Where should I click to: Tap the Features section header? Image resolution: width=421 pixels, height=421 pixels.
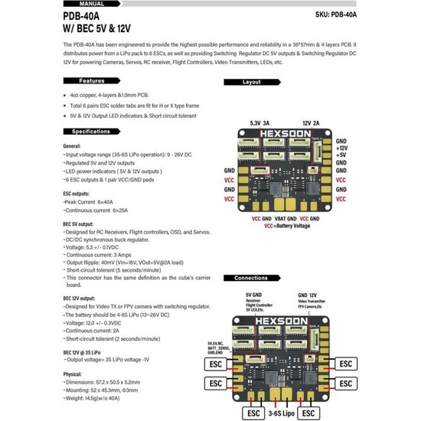tap(92, 80)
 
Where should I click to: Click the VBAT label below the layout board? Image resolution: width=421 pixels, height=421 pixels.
tap(281, 218)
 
